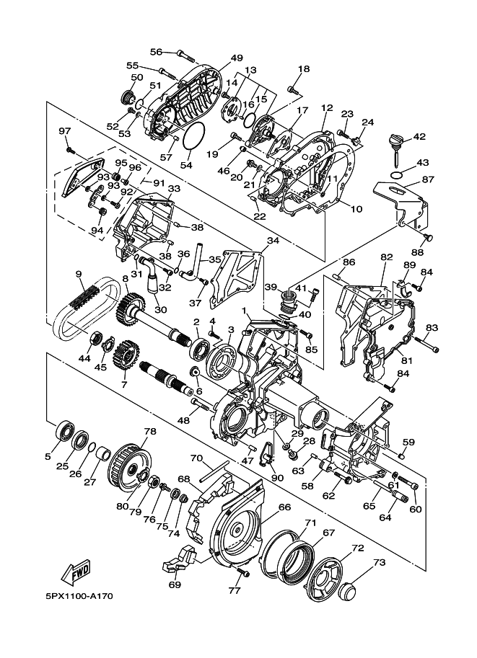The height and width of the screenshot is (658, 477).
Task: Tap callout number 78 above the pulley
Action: tap(149, 432)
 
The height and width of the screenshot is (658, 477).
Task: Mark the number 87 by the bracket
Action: tap(428, 179)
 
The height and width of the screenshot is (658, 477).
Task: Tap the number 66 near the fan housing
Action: tap(284, 507)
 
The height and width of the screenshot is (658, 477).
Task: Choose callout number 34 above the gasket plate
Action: tap(273, 240)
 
